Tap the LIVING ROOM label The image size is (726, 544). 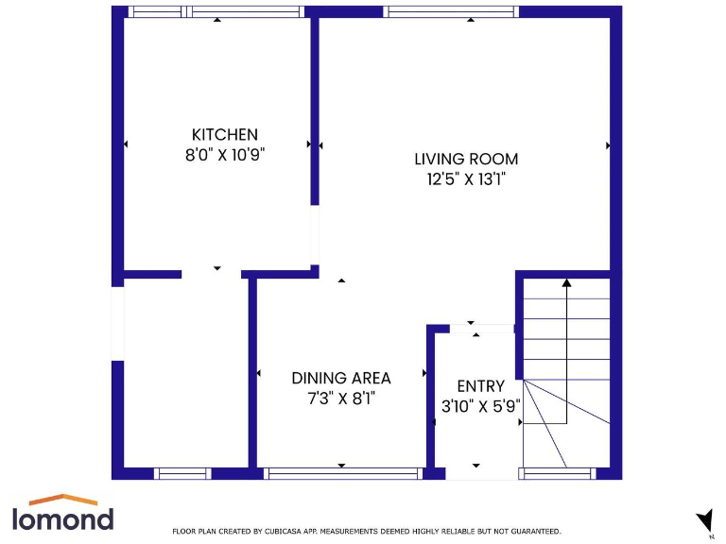[466, 159]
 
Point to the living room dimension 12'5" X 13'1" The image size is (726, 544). [466, 178]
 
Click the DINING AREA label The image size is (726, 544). [340, 378]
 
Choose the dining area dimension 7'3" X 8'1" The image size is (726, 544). [340, 398]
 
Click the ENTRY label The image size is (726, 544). [480, 386]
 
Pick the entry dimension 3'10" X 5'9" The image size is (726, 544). [480, 407]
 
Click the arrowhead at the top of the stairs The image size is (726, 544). [567, 281]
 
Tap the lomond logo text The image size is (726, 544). [62, 518]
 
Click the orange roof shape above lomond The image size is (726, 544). [62, 499]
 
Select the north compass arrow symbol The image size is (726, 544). [703, 520]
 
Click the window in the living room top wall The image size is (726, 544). [451, 12]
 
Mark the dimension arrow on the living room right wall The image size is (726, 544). [608, 145]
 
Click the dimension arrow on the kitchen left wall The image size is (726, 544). [126, 144]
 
